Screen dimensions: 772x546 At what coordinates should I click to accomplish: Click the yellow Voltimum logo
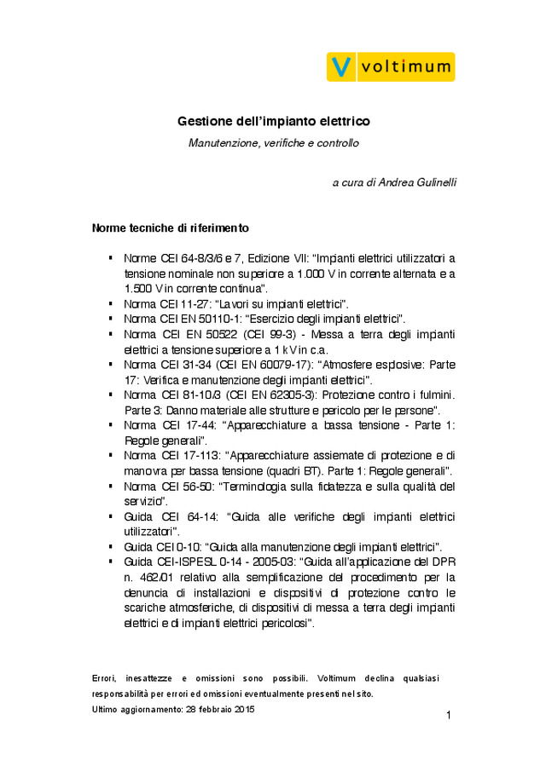point(391,66)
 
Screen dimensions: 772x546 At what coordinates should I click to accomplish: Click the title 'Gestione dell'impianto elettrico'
point(273,123)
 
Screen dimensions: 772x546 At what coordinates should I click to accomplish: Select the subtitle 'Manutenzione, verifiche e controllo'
point(273,143)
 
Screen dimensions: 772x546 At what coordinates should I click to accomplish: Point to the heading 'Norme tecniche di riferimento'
point(171,228)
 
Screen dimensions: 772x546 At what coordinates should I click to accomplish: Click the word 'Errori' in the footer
point(102,678)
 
